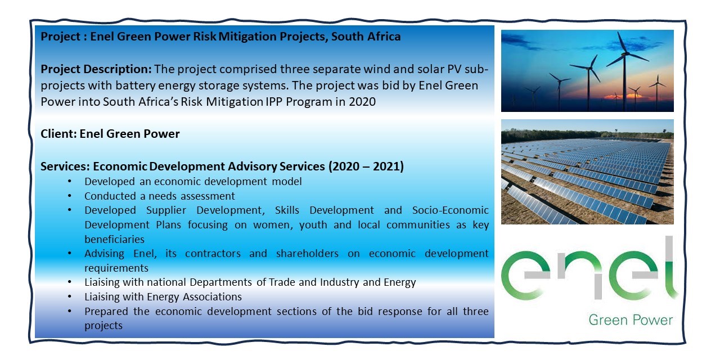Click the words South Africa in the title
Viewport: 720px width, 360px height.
pos(366,37)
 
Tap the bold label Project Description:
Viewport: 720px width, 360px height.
pos(96,69)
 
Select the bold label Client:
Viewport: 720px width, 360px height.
pos(59,134)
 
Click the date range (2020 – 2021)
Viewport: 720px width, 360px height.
pos(366,166)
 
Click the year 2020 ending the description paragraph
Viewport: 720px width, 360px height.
pos(362,102)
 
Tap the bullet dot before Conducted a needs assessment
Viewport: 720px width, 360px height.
pos(69,196)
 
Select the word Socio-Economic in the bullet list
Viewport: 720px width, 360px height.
pos(451,210)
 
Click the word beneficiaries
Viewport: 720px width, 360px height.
pos(114,240)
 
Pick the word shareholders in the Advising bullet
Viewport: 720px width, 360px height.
pos(307,254)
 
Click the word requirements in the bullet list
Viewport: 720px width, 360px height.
pos(116,268)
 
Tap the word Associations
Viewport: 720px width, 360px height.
pos(212,296)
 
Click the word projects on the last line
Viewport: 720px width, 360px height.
pos(103,326)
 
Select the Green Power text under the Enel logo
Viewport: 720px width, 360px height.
pos(631,320)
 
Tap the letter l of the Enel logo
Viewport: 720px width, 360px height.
pos(669,267)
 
